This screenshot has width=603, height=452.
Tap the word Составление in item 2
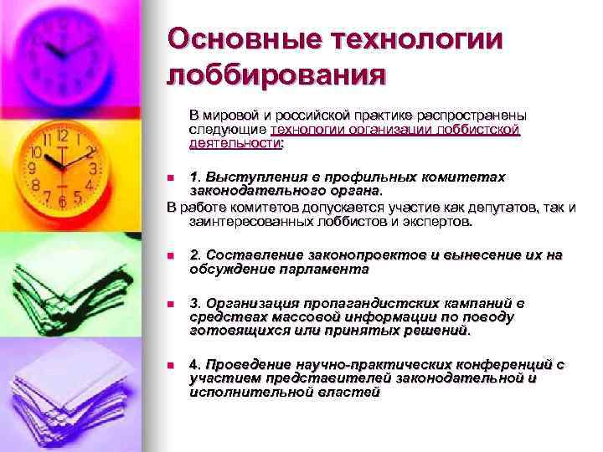[x=245, y=254]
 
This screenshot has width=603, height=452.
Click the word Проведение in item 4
[x=244, y=365]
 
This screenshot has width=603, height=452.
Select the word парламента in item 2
[x=327, y=270]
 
